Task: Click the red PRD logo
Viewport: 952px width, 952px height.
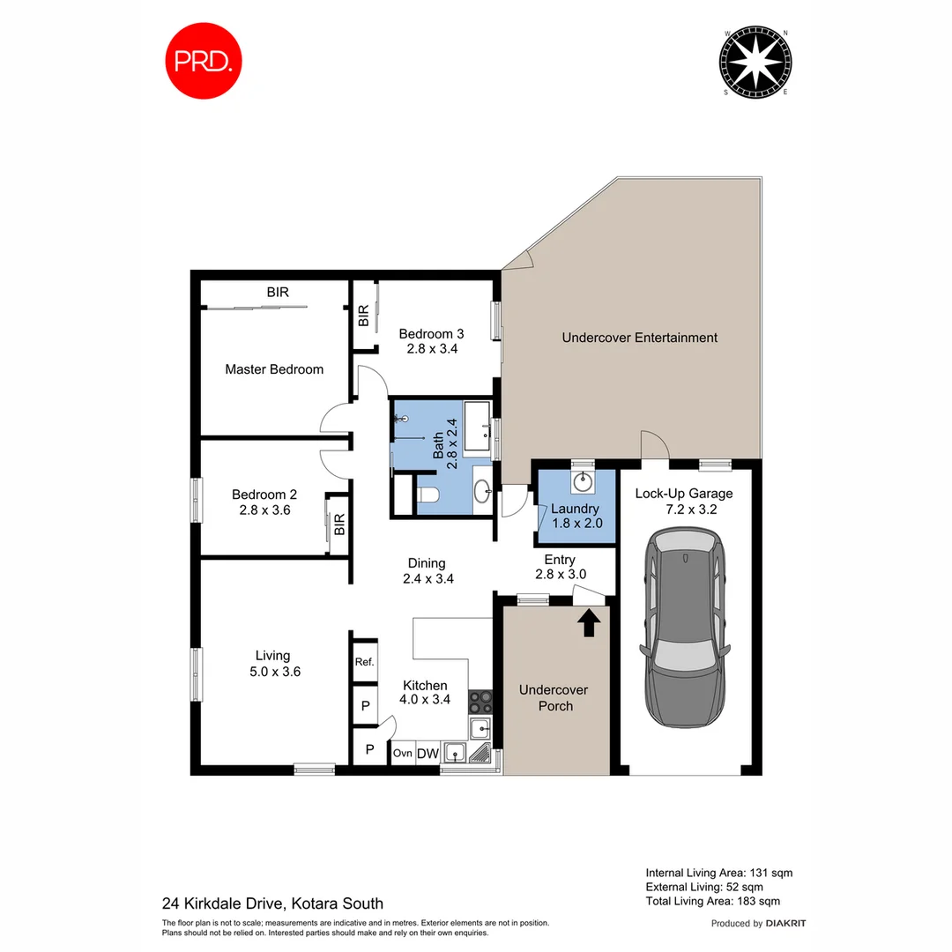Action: tap(205, 61)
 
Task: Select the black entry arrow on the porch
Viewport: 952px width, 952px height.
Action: tap(590, 622)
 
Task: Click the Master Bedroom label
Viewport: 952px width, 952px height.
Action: tap(273, 369)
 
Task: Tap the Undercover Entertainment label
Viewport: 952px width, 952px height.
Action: tap(639, 338)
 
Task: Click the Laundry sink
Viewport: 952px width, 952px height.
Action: tap(582, 482)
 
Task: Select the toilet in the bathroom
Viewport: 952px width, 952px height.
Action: tap(428, 495)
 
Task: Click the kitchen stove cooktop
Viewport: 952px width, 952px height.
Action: tap(480, 702)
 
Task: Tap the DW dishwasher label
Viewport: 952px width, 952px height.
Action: tap(428, 753)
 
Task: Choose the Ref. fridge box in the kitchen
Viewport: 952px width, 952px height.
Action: tap(364, 662)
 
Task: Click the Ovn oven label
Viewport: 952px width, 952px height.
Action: tap(402, 753)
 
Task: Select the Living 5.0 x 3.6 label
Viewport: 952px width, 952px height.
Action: tap(272, 663)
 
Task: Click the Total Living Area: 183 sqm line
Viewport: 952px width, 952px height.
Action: tap(712, 901)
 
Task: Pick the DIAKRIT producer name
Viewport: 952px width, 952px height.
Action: tap(786, 924)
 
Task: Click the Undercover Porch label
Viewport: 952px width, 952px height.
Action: tap(554, 697)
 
